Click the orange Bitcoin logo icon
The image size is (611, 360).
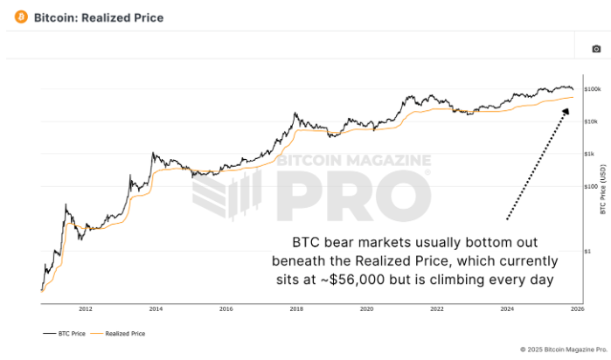pos(21,17)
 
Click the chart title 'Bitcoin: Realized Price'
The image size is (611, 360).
pos(99,18)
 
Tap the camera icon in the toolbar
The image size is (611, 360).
pos(596,49)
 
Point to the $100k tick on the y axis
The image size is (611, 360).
pos(593,89)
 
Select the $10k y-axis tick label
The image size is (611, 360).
pos(591,121)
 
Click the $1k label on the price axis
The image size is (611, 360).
pos(589,154)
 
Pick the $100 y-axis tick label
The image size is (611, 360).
pos(591,187)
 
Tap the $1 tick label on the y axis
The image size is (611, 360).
pos(587,252)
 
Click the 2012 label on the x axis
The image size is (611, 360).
pos(86,309)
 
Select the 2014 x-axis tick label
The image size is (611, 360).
pos(156,309)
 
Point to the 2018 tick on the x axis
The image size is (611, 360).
pos(296,309)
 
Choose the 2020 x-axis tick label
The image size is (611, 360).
pos(366,309)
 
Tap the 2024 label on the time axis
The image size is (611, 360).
pos(507,309)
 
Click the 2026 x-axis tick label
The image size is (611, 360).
pos(577,309)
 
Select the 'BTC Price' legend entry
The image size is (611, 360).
pos(65,334)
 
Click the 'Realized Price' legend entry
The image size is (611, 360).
pos(118,334)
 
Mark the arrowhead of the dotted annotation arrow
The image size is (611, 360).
pos(566,112)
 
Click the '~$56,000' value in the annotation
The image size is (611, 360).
pos(357,280)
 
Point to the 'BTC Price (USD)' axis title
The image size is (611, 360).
pos(603,190)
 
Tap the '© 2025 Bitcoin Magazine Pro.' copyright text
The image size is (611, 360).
pos(564,350)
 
